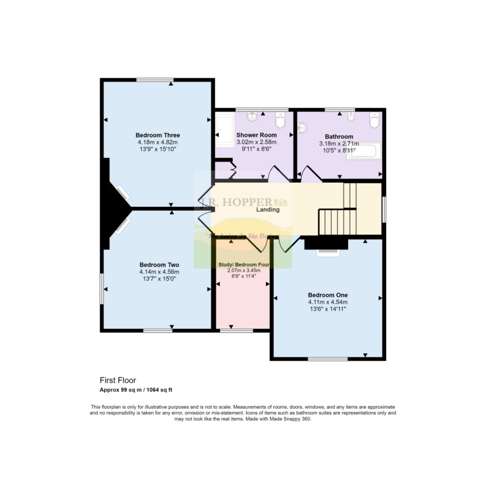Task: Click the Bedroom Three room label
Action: point(158,135)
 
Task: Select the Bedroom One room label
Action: point(327,294)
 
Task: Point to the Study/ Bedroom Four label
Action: point(243,264)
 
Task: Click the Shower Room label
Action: point(256,135)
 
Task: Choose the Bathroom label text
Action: point(339,136)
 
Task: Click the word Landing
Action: point(268,209)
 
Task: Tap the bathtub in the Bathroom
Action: point(364,152)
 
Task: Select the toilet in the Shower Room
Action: point(280,121)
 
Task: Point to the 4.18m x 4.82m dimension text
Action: point(158,142)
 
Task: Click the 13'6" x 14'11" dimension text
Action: point(327,309)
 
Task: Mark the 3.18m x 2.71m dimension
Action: point(339,144)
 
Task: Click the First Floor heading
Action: point(118,380)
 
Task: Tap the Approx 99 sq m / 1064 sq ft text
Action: point(136,390)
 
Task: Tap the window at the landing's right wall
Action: point(383,209)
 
